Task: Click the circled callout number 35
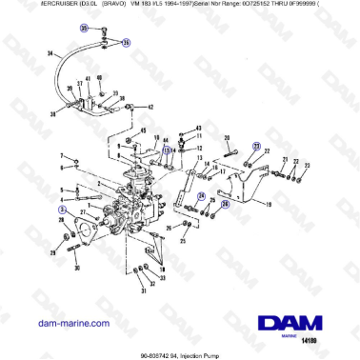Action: coord(83,29)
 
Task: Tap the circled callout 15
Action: coord(166,150)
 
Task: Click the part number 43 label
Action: coord(197,127)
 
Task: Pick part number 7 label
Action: coord(63,154)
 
